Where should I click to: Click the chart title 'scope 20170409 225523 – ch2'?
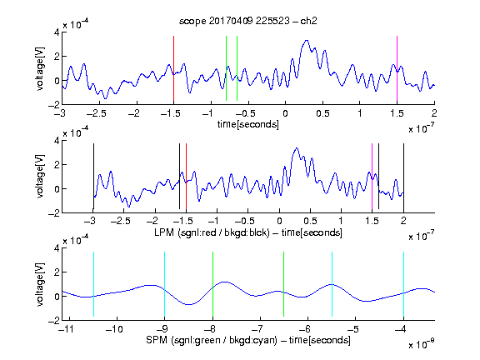click(248, 21)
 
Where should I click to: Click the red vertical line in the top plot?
click(173, 68)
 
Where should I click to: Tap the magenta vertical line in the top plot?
click(397, 68)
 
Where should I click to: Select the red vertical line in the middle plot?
click(186, 177)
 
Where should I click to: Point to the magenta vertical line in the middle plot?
click(372, 177)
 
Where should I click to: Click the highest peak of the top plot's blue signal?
click(307, 40)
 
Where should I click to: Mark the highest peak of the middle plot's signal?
click(297, 148)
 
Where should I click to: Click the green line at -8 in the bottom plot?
click(212, 284)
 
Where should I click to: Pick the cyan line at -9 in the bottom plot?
click(164, 284)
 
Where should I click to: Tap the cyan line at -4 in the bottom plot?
click(403, 284)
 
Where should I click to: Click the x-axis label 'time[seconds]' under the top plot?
click(248, 124)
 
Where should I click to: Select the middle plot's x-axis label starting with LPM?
click(248, 232)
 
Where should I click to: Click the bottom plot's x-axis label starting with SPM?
click(248, 340)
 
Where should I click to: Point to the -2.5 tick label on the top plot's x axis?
click(96, 113)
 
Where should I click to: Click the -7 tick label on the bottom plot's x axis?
click(259, 329)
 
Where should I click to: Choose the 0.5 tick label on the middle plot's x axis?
click(310, 221)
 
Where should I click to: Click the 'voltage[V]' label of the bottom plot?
click(40, 284)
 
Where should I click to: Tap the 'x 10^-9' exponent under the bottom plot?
click(421, 344)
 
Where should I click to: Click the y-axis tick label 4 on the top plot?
click(57, 32)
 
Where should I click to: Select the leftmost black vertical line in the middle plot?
click(93, 177)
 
